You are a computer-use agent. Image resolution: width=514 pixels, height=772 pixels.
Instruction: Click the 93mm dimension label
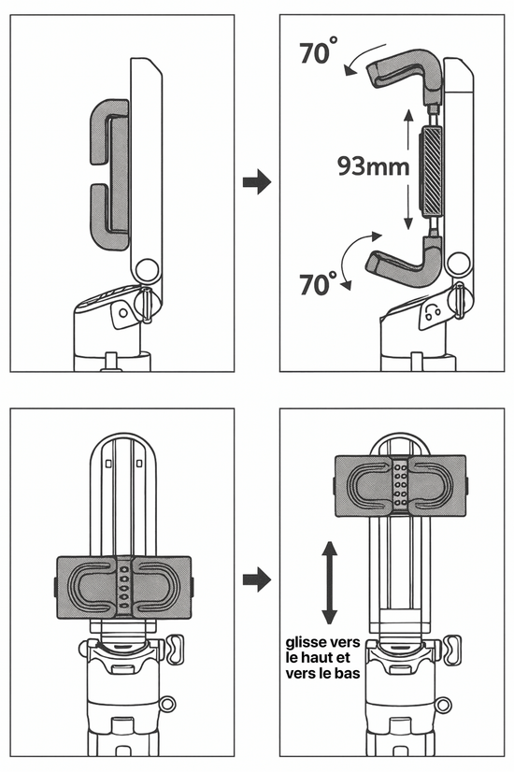click(373, 166)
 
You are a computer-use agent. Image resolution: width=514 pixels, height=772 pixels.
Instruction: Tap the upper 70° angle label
click(319, 51)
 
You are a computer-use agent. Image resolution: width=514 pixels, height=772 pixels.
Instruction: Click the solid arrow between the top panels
click(256, 182)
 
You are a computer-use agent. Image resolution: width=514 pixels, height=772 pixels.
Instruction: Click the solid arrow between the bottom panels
click(256, 579)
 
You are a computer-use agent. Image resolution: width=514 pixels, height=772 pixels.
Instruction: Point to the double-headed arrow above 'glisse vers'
click(329, 582)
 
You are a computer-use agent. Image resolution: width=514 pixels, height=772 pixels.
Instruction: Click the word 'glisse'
click(306, 642)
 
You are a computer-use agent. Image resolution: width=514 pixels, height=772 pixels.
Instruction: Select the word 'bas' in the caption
click(348, 673)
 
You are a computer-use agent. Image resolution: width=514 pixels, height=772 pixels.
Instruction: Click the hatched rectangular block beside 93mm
click(433, 171)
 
